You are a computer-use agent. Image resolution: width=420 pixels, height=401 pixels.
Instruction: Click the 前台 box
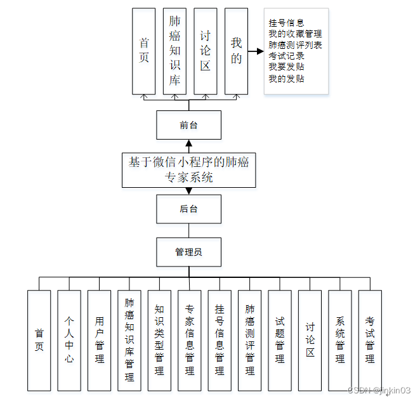(x=188, y=125)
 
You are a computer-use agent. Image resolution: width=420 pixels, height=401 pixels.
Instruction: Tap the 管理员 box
(x=188, y=252)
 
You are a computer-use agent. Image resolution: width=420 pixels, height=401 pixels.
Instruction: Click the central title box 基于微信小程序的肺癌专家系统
(x=188, y=169)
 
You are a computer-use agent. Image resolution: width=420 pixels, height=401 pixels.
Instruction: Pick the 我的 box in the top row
(x=236, y=51)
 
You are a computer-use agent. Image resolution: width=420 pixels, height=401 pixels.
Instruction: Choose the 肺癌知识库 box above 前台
(x=174, y=51)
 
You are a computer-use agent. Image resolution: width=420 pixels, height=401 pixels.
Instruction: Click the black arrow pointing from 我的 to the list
(x=256, y=51)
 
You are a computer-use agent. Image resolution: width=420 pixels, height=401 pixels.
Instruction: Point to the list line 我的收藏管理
(x=294, y=34)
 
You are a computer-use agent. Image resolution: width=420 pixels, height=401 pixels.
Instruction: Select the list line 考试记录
(x=286, y=56)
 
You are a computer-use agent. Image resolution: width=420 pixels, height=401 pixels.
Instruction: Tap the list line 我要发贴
(x=286, y=67)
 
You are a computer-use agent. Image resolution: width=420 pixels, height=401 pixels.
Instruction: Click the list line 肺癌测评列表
(x=294, y=45)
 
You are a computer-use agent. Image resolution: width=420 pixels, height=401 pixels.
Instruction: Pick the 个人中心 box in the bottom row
(x=69, y=340)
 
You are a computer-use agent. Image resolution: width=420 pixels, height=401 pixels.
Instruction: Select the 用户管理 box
(x=99, y=340)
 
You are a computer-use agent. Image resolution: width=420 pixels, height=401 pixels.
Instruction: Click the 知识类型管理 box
(x=159, y=340)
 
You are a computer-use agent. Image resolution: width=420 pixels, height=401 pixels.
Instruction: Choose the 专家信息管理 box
(x=189, y=340)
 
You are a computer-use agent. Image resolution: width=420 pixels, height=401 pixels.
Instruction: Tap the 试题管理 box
(x=280, y=340)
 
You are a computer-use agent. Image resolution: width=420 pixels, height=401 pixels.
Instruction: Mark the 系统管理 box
(x=339, y=340)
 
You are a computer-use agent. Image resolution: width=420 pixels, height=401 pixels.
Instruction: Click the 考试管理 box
(x=370, y=340)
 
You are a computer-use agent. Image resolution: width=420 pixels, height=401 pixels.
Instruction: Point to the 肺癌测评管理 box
(x=249, y=340)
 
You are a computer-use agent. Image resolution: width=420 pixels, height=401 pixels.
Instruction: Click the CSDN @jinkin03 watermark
(x=379, y=390)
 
